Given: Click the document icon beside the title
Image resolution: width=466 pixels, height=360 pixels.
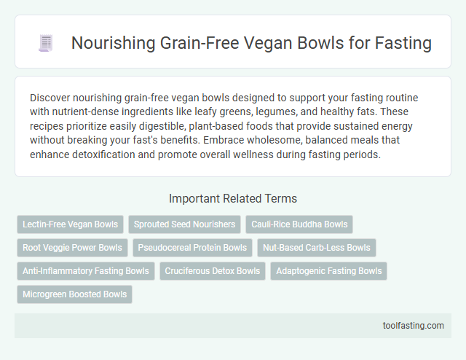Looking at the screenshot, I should [46, 44].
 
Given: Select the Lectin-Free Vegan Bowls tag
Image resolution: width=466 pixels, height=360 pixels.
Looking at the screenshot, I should [69, 224].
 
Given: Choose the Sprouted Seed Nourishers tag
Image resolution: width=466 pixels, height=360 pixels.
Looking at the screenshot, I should [183, 224].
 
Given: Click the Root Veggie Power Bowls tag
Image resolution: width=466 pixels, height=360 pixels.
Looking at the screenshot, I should [71, 248].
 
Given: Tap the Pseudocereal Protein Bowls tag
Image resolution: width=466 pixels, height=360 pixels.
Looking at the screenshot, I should [193, 248].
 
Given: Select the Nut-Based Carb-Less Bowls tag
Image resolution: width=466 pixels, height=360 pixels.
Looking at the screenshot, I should [317, 248].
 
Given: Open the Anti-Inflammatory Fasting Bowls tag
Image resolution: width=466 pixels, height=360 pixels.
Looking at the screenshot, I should [85, 271].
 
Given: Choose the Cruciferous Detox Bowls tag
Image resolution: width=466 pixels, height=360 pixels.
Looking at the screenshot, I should [212, 271].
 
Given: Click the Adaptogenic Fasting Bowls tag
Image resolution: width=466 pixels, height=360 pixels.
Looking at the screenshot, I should [329, 271].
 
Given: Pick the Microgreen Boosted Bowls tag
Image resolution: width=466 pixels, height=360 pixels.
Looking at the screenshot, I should [74, 294].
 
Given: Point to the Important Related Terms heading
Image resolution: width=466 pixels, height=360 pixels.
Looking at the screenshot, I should [233, 198].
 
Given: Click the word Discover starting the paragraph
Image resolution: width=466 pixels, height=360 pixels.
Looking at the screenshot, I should [51, 97].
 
